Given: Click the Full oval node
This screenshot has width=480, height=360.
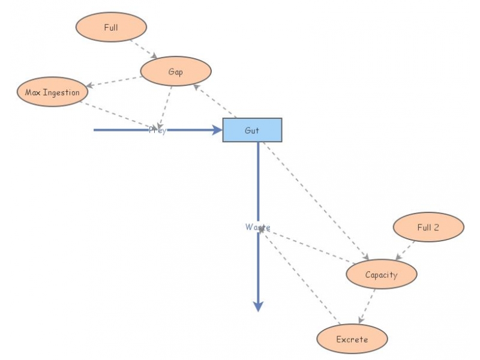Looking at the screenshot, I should click(111, 28).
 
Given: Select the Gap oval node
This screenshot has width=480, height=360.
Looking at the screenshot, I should click(175, 72).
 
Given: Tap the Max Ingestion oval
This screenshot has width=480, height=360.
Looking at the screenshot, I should click(52, 92).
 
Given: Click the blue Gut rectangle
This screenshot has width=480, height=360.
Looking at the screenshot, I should click(252, 130).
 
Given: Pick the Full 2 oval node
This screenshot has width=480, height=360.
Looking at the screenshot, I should click(428, 227).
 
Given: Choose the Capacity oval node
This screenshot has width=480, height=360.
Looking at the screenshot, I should click(381, 275).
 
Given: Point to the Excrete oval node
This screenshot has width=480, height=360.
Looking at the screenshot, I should click(352, 339).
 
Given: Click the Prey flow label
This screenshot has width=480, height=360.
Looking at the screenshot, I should click(157, 130).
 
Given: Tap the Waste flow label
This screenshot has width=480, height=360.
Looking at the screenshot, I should click(257, 227).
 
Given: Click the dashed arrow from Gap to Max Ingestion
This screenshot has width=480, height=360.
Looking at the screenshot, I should click(114, 82).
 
